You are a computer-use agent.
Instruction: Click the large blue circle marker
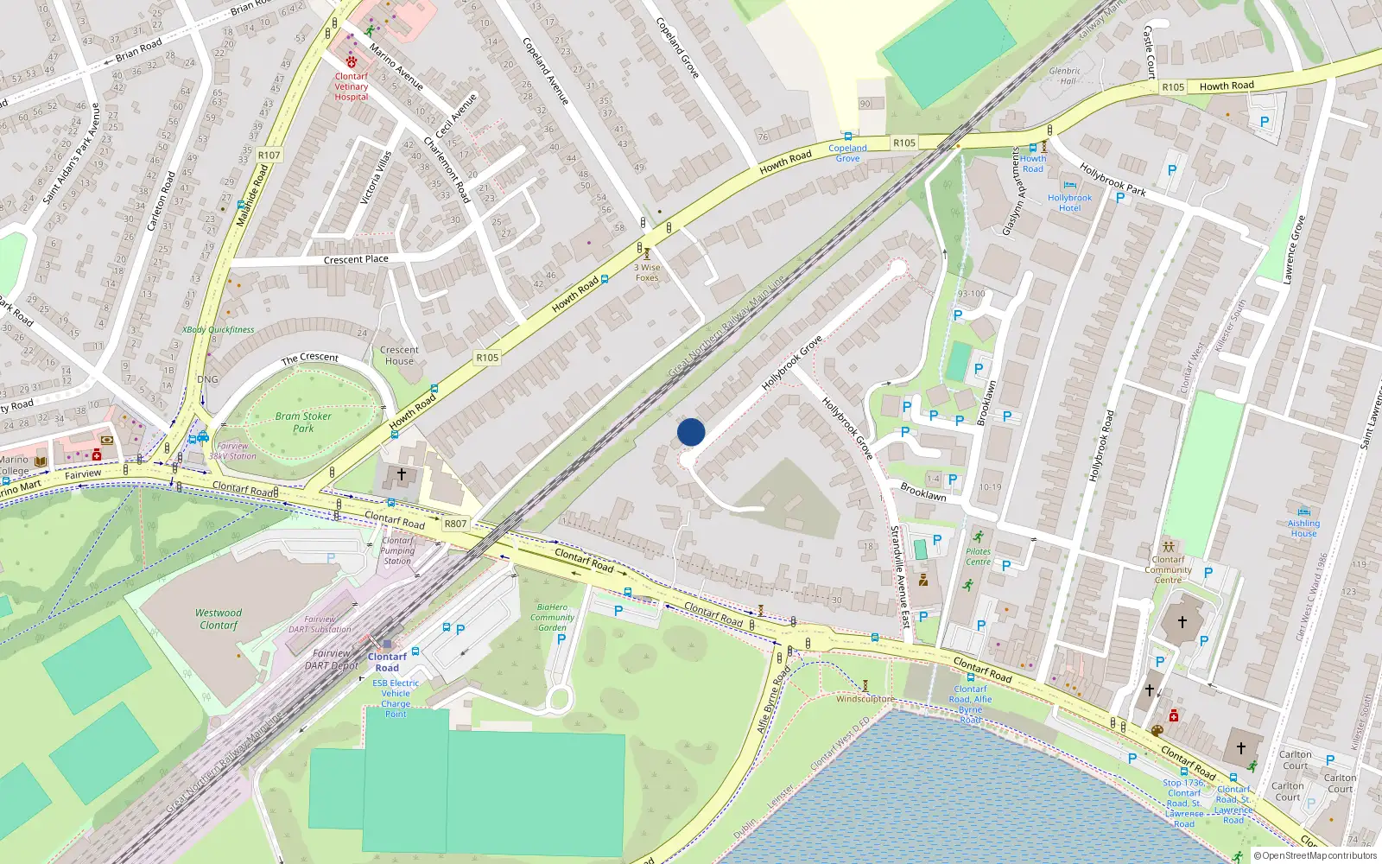(691, 432)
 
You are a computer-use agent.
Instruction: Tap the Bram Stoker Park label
(303, 422)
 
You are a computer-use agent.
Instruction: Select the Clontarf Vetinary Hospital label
(352, 86)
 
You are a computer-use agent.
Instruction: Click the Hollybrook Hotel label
(1069, 202)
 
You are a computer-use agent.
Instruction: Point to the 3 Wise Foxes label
(647, 272)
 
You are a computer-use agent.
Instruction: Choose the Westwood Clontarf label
(219, 619)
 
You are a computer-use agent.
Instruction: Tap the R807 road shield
(455, 524)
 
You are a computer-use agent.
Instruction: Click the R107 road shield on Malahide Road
(269, 156)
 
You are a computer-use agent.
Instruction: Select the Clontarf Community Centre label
(1168, 569)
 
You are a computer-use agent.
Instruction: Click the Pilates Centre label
(978, 556)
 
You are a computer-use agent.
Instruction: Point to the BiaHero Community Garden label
(552, 617)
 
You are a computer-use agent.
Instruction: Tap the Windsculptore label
(865, 699)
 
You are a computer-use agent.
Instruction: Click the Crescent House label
(399, 355)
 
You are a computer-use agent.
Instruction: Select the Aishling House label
(1303, 528)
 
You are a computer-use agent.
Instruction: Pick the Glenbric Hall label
(1065, 76)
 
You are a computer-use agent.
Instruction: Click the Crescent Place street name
(356, 259)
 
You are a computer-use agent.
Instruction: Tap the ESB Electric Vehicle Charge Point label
(396, 698)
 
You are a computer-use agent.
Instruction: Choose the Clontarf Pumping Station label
(397, 550)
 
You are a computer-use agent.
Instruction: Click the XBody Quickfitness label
(219, 329)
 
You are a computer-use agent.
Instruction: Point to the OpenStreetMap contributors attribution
(1318, 855)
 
